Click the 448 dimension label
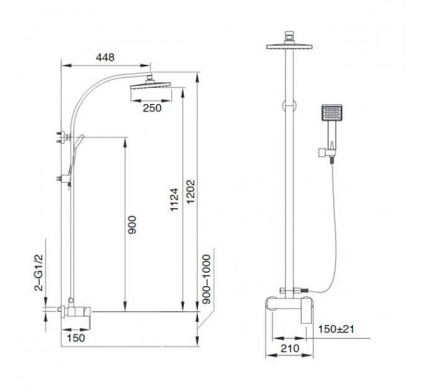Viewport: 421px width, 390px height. click(105, 57)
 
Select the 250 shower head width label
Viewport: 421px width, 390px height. click(152, 108)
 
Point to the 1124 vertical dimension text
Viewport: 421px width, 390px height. click(175, 199)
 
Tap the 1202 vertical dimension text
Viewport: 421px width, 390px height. click(190, 192)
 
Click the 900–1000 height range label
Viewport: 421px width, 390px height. click(206, 279)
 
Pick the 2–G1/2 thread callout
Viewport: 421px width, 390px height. click(38, 273)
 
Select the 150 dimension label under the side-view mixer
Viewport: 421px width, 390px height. click(76, 338)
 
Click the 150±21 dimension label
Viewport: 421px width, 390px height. click(336, 329)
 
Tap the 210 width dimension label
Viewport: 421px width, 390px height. click(290, 349)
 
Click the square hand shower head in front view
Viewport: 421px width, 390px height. click(332, 112)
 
